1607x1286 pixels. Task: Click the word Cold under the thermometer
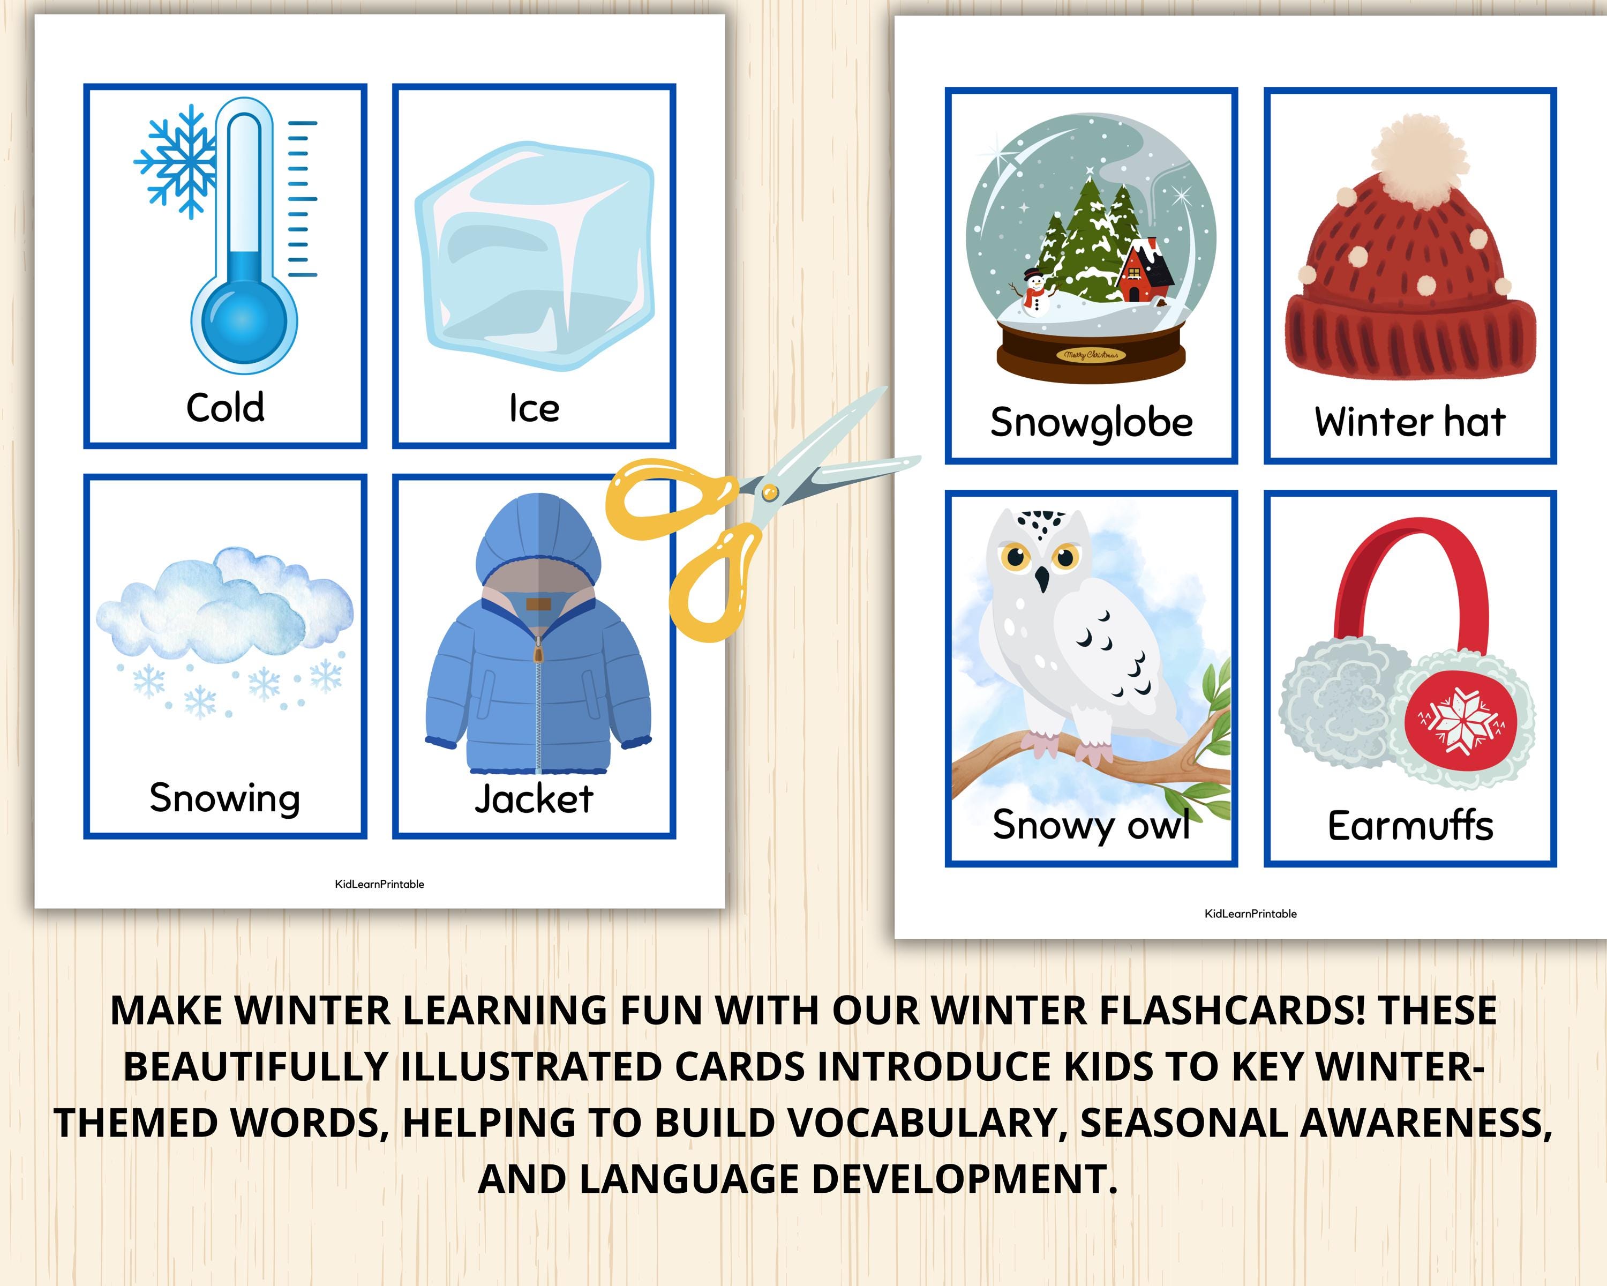tap(225, 408)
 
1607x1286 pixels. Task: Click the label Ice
tap(534, 408)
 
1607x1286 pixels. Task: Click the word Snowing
tap(225, 798)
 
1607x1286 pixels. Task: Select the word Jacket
tap(534, 799)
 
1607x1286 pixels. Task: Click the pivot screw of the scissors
tap(770, 491)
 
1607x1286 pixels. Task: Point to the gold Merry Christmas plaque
tap(1091, 355)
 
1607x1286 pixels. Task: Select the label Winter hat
tap(1409, 422)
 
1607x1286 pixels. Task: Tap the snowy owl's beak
tap(1042, 579)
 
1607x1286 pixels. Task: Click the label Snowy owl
tap(1091, 825)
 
